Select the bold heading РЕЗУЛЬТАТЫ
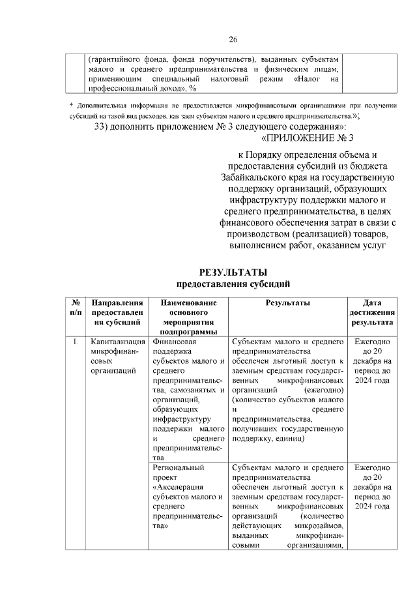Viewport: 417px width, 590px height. [233, 273]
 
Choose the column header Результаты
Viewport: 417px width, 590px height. [287, 303]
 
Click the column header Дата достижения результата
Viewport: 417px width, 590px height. [372, 312]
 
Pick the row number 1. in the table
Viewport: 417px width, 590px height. [76, 341]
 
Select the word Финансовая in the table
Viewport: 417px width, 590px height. [174, 341]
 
